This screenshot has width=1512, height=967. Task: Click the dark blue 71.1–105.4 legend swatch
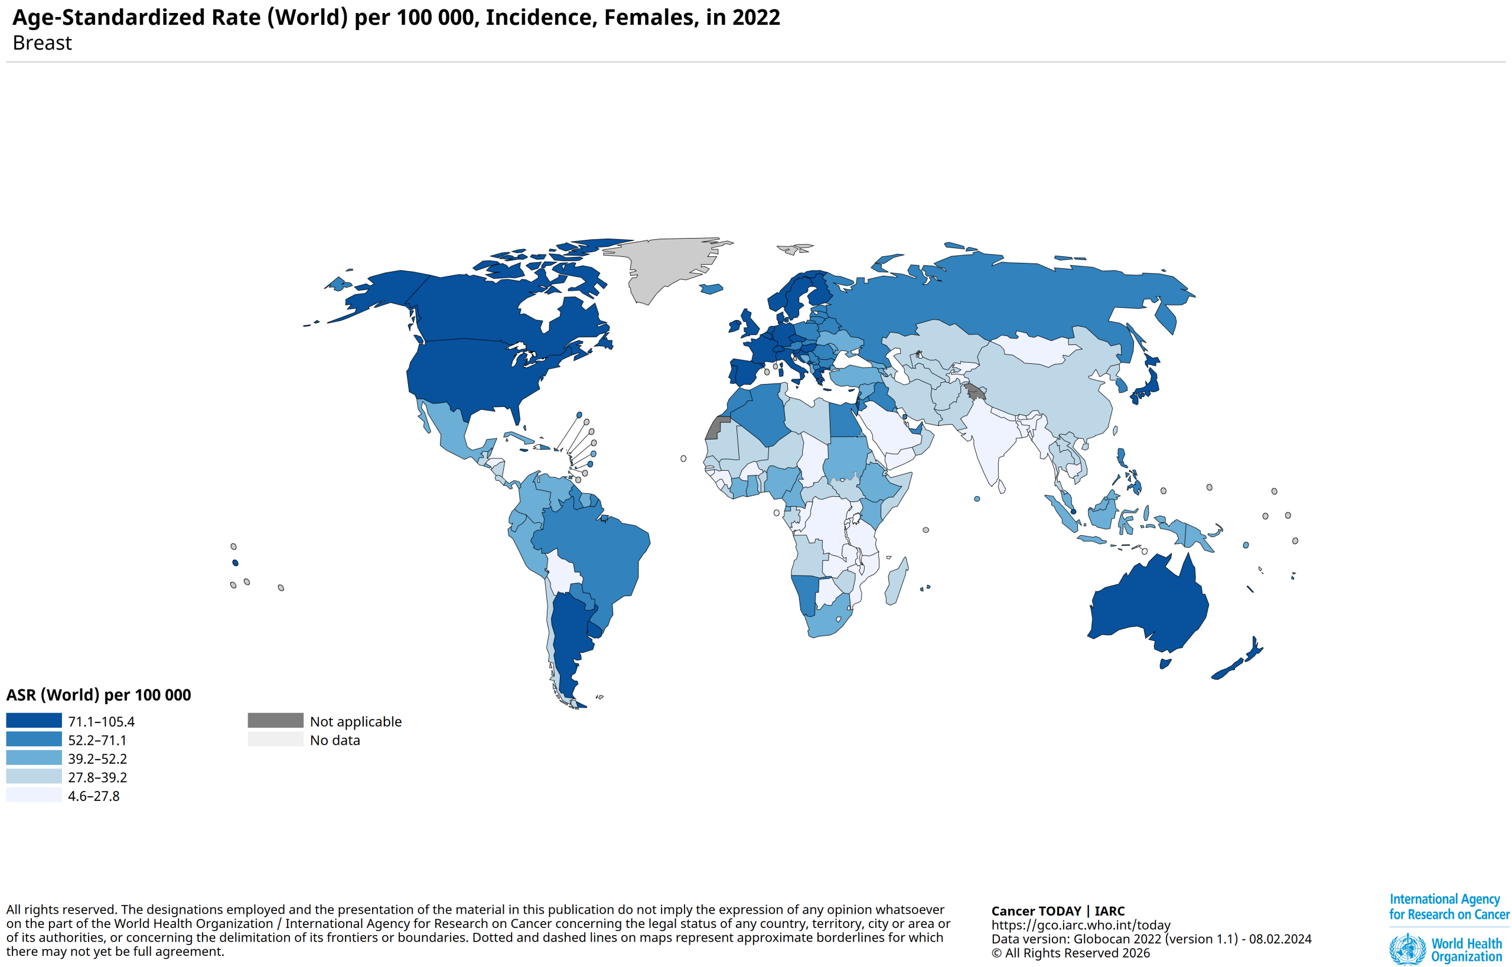tap(34, 720)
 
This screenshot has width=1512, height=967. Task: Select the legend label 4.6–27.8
tap(93, 796)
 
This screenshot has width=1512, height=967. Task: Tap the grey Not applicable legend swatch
tap(275, 720)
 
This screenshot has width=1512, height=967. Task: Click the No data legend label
tap(335, 740)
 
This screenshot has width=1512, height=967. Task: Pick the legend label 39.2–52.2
tap(97, 758)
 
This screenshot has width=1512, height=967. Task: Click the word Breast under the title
tap(42, 43)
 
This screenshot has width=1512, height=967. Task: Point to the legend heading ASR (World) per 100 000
tap(99, 695)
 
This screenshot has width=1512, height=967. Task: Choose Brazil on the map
tap(597, 552)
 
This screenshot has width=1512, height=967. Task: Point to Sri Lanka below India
tap(1002, 486)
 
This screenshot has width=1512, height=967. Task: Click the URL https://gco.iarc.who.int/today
tap(1081, 925)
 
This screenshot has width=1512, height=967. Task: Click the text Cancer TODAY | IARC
tap(1057, 910)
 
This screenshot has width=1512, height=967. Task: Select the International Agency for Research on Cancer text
tap(1448, 907)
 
